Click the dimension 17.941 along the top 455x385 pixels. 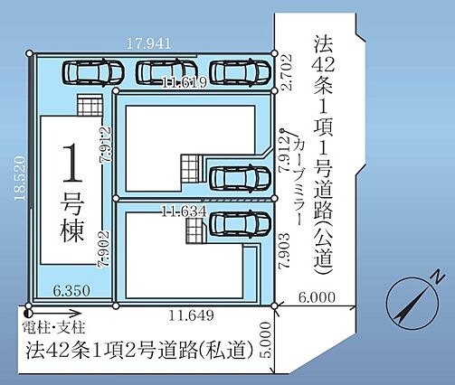pos(148,44)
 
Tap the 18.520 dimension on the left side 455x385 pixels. pos(20,178)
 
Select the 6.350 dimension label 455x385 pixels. pos(71,291)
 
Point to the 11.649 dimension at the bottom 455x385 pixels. pos(191,315)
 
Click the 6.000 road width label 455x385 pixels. pos(317,297)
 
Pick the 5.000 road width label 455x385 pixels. pos(265,340)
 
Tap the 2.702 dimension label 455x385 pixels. pos(287,72)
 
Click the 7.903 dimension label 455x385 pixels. pos(285,251)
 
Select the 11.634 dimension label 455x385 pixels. pos(185,211)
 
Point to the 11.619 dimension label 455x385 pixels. pos(185,82)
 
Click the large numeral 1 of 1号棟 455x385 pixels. pos(72,163)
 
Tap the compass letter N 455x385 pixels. pos(439,277)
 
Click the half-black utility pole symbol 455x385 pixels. pos(29,314)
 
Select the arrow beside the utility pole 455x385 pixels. pos(57,314)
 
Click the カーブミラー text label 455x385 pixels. pos(299,182)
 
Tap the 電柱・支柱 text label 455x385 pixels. pos(54,327)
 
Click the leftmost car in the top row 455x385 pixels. pos(93,72)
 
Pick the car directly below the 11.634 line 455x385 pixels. pos(240,223)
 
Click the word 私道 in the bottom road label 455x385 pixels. pos(230,351)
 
